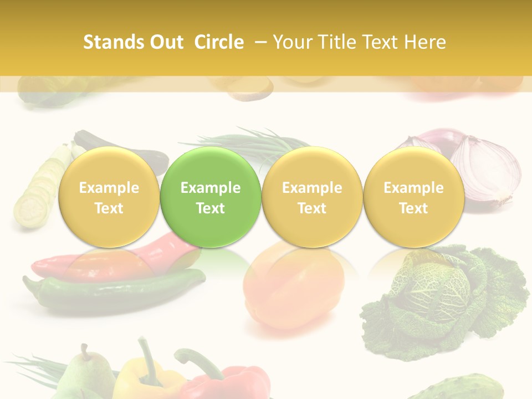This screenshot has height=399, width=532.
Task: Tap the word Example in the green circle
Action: point(211,188)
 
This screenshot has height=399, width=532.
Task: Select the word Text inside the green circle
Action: point(211,208)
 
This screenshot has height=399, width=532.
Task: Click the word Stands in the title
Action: point(109,42)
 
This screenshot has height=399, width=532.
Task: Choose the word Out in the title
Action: point(165,42)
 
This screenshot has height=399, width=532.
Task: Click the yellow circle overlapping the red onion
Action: point(413,197)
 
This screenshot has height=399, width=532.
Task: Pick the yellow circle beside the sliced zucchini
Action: point(109,197)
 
